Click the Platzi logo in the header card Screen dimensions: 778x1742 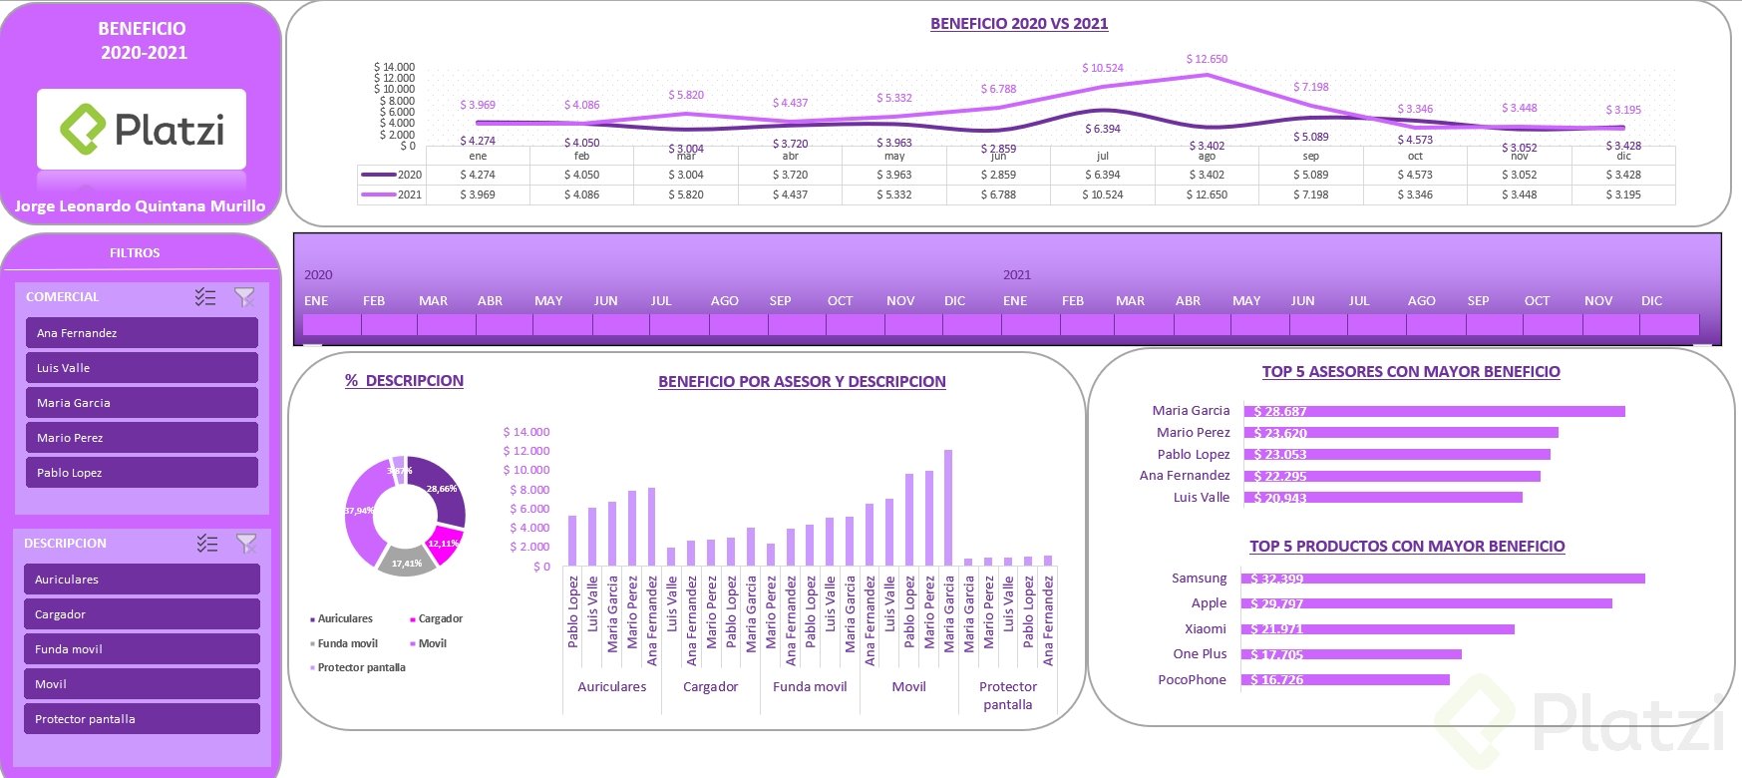tap(142, 130)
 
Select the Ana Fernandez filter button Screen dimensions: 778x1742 tap(142, 333)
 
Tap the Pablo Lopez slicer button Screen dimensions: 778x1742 tap(142, 473)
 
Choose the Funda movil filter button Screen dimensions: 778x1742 tap(142, 649)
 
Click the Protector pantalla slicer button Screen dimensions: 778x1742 tap(142, 719)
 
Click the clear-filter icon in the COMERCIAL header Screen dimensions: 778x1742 tap(244, 297)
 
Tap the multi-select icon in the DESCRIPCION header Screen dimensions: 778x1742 tap(206, 544)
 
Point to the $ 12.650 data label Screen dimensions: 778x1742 tap(1207, 60)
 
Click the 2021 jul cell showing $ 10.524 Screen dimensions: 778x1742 tap(1102, 194)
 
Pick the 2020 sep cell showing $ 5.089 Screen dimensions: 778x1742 tap(1310, 175)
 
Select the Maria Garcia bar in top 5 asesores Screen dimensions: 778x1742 tap(1435, 411)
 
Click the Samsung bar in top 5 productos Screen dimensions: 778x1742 tap(1444, 579)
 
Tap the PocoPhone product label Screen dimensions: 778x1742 tap(1192, 680)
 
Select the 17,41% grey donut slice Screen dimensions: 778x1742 tap(407, 562)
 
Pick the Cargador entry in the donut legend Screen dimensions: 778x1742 tap(440, 619)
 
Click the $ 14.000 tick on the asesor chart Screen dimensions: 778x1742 tap(525, 432)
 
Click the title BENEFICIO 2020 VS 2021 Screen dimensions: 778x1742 tap(1018, 24)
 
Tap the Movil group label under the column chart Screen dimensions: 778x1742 tap(908, 687)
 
